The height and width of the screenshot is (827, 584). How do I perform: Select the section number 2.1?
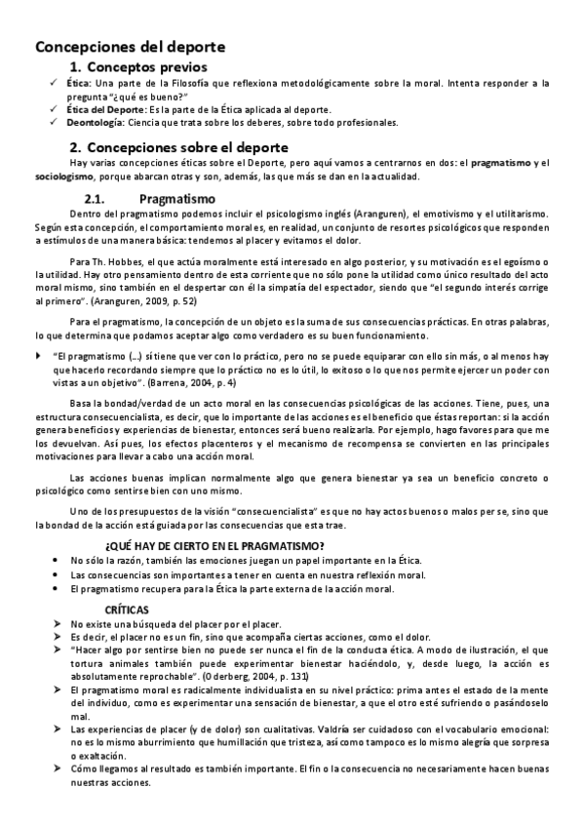(x=100, y=197)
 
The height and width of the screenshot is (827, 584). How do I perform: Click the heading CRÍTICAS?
(x=127, y=608)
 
